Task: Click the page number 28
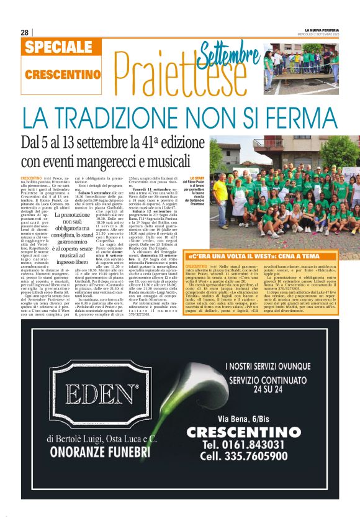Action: point(25,32)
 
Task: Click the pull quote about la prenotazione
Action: point(73,239)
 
